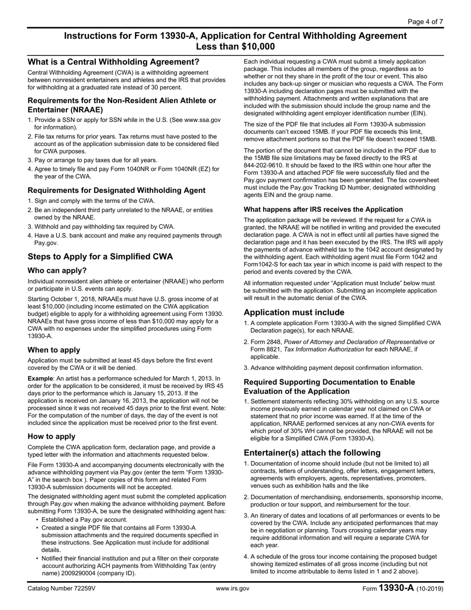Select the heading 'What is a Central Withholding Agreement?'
click(x=114, y=62)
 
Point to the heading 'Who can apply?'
click(x=57, y=270)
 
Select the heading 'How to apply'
click(x=52, y=436)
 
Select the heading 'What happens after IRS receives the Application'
click(x=323, y=209)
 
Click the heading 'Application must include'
click(x=294, y=312)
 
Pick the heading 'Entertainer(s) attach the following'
click(x=312, y=452)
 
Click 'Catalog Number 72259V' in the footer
click(x=61, y=589)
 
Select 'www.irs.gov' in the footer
click(x=233, y=589)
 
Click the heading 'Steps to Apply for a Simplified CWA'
click(x=100, y=257)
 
